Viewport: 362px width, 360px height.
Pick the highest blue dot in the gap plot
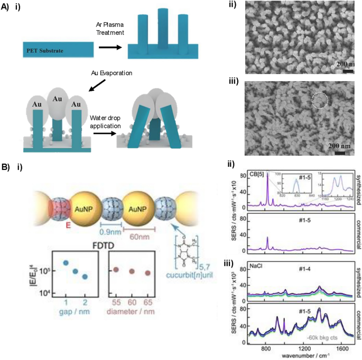[66, 263]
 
